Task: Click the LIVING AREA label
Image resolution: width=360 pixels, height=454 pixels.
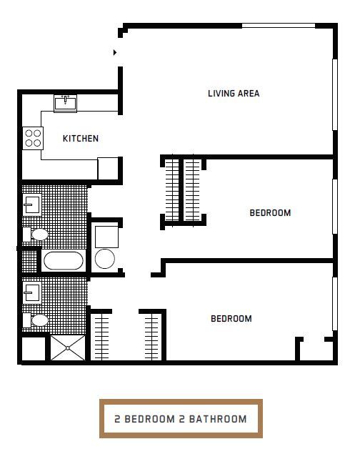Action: click(234, 94)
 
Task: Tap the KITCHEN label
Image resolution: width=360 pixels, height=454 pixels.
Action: click(81, 139)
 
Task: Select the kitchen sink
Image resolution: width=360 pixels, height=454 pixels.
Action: click(65, 103)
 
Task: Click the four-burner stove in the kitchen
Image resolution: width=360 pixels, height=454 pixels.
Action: click(33, 137)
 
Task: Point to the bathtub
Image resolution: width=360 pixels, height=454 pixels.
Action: click(64, 260)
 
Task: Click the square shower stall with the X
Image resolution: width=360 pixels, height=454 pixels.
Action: click(68, 347)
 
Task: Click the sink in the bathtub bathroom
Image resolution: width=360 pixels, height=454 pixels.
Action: click(31, 204)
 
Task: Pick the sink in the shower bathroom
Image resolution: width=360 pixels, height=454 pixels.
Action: click(31, 292)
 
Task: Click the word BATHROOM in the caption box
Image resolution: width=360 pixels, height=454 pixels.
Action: click(217, 419)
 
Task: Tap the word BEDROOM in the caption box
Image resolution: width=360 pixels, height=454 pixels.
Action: click(150, 419)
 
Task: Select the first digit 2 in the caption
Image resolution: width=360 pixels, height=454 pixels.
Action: click(117, 419)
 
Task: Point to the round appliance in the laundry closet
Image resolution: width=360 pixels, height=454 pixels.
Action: click(105, 258)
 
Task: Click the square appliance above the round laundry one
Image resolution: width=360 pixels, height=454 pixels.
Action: click(106, 235)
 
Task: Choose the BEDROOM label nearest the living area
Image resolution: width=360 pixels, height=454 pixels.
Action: click(270, 212)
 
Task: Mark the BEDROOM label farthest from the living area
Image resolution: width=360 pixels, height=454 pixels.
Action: click(231, 319)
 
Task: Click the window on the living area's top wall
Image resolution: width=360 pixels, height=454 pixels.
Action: click(278, 26)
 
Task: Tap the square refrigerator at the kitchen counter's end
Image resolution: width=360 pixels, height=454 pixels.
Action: click(108, 167)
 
